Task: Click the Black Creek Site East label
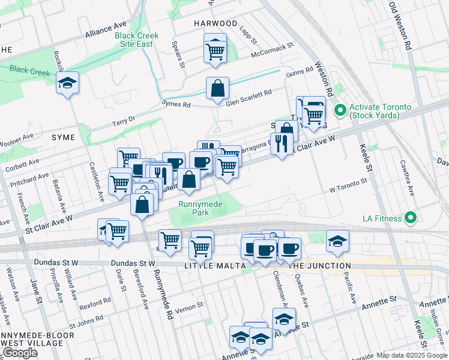pyautogui.click(x=137, y=40)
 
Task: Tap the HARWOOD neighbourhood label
pyautogui.click(x=215, y=23)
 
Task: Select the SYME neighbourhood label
pyautogui.click(x=64, y=137)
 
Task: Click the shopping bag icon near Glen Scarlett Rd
pyautogui.click(x=217, y=89)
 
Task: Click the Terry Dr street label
pyautogui.click(x=125, y=122)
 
